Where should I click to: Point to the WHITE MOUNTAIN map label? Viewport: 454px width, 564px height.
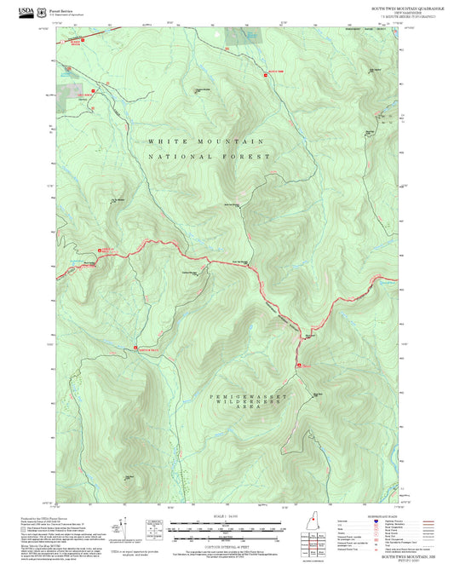pos(205,141)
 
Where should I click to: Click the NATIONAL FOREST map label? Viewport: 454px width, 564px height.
pos(209,157)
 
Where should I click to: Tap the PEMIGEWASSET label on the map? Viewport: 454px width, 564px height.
pos(251,397)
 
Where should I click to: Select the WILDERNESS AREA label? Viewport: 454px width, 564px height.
pos(251,408)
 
